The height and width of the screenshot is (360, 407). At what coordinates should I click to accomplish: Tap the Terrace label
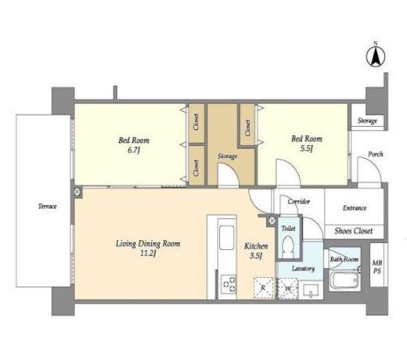point(48,207)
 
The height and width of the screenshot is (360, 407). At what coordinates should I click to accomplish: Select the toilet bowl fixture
point(288,247)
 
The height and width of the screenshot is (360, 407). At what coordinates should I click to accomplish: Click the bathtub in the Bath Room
point(344,281)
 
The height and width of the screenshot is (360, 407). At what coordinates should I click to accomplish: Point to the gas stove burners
point(229,284)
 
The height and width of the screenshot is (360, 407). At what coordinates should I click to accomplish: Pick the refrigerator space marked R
point(263,288)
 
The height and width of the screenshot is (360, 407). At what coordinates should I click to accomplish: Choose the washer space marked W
point(287,289)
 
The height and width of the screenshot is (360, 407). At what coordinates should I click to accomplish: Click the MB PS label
point(377,267)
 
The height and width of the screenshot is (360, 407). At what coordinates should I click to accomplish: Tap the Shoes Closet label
point(354,231)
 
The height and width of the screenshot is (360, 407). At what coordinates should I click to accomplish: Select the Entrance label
point(355,208)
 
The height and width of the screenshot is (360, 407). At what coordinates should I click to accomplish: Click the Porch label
point(376,154)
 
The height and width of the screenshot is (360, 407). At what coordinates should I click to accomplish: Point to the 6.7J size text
point(134,150)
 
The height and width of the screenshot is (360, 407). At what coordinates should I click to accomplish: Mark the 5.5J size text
point(307,149)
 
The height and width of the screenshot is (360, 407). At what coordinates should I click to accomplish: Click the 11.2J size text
point(148,254)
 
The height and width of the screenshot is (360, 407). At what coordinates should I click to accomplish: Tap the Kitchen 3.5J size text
point(256,256)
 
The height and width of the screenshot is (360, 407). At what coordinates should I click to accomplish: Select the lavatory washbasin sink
point(311,290)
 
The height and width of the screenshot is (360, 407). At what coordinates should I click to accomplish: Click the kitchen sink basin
point(226,238)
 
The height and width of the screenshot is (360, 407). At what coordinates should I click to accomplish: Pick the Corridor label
point(299,201)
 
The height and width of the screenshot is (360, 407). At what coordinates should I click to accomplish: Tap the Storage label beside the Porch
point(367,121)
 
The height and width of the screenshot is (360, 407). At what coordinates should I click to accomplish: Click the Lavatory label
point(303,268)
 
